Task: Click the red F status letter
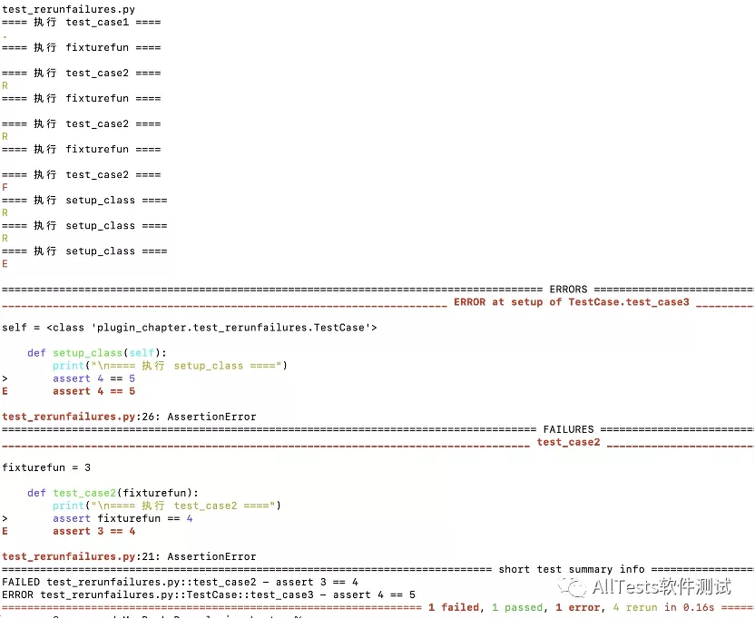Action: [5, 187]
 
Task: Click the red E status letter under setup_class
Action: [5, 263]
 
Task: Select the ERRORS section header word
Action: [568, 290]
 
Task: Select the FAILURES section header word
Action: [568, 429]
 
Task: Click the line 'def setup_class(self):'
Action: [97, 353]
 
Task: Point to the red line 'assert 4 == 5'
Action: [93, 391]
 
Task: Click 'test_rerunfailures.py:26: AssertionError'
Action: [129, 417]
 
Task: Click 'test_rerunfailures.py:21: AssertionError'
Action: [129, 556]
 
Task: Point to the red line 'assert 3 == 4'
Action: [93, 531]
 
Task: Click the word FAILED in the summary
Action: [21, 582]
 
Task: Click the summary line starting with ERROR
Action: [209, 594]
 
